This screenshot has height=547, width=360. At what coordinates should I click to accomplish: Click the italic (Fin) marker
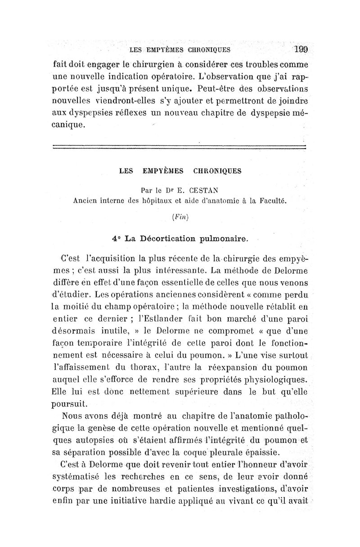pos(179,217)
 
